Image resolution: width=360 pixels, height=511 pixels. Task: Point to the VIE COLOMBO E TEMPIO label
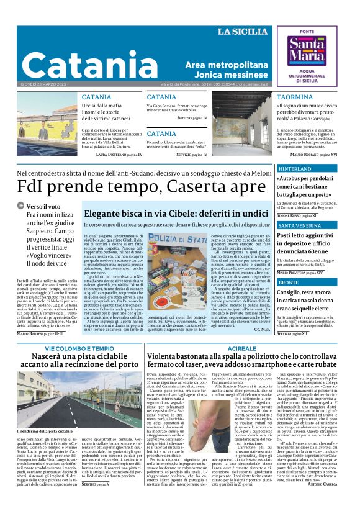point(79,349)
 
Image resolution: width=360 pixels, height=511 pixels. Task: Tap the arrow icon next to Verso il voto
point(20,206)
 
